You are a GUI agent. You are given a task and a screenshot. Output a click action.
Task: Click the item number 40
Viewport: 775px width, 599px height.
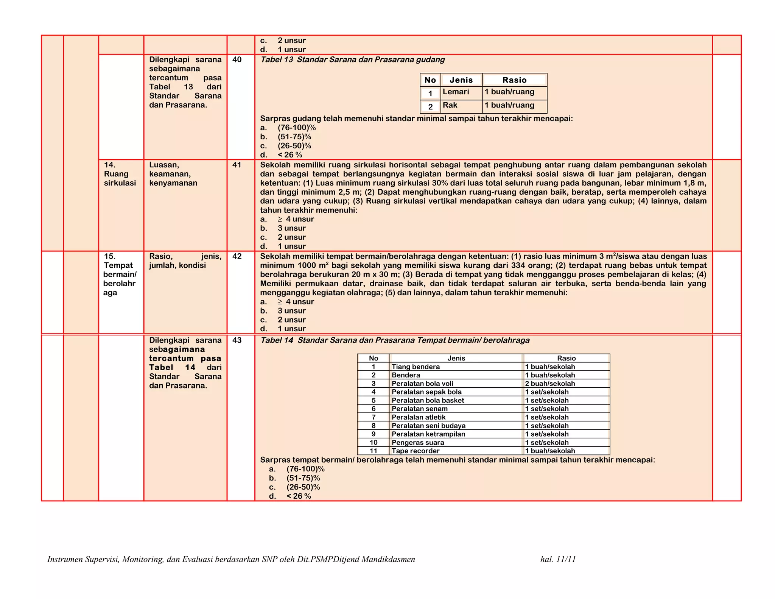click(237, 59)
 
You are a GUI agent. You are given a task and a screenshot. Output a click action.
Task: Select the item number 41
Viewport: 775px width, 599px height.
click(237, 165)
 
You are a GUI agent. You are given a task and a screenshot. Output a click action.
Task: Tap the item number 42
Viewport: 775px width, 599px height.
click(237, 256)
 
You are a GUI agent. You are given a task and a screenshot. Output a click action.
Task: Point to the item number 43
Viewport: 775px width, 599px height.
click(237, 340)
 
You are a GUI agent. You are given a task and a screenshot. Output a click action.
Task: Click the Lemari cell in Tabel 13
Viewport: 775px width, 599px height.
click(456, 92)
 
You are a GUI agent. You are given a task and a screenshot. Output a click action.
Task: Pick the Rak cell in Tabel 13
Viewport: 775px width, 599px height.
click(450, 105)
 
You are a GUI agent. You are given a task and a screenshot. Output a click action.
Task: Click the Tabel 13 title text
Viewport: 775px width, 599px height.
click(352, 59)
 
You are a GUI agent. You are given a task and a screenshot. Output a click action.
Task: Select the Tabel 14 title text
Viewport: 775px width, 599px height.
click(395, 340)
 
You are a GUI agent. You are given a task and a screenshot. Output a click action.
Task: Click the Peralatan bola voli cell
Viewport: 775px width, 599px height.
click(422, 384)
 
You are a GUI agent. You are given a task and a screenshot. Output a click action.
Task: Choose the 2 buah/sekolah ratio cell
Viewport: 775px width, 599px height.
click(550, 384)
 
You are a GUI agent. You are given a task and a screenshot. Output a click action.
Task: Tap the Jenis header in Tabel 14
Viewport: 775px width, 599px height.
click(456, 358)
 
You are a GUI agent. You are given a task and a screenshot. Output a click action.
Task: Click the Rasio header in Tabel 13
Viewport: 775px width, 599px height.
click(514, 80)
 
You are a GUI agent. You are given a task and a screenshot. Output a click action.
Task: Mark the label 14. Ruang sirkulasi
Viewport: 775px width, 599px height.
click(120, 174)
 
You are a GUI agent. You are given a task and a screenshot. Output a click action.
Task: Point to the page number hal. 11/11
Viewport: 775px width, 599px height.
click(558, 559)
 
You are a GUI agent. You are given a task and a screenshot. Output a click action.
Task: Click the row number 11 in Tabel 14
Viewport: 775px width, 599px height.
click(373, 451)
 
